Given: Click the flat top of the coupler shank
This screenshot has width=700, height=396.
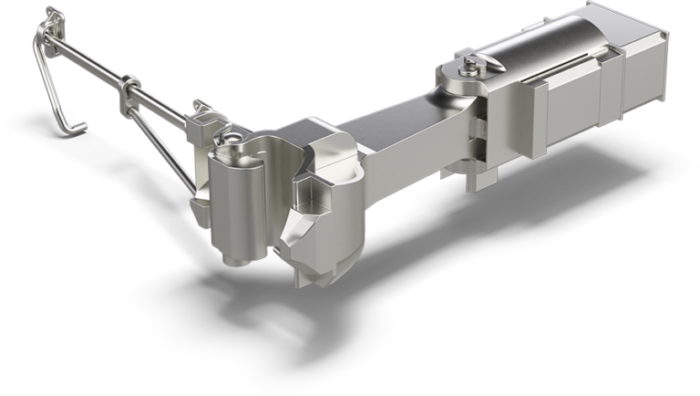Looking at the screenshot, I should pyautogui.click(x=392, y=119).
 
